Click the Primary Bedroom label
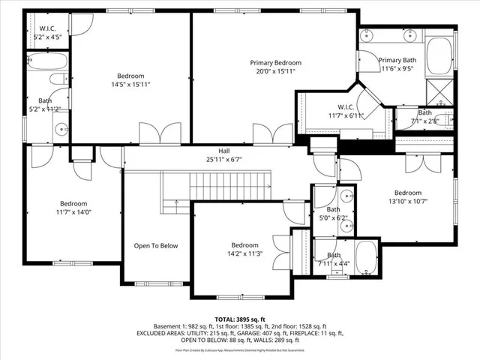(x=275, y=67)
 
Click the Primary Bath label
(x=397, y=64)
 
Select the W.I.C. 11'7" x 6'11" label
(x=345, y=111)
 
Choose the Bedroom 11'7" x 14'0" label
(x=73, y=208)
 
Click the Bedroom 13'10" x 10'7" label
(x=408, y=196)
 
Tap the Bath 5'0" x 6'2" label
(x=333, y=214)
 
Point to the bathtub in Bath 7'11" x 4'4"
(x=367, y=258)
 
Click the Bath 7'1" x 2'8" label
(x=425, y=116)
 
